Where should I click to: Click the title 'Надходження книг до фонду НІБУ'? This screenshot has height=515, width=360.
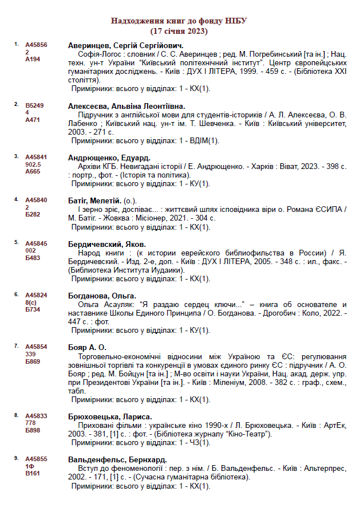point(179,21)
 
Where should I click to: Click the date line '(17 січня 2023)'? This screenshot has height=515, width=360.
point(179,30)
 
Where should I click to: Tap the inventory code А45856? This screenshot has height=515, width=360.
point(36,45)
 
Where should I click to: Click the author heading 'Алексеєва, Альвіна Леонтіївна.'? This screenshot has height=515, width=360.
point(126,106)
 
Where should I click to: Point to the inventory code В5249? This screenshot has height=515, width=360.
point(34,106)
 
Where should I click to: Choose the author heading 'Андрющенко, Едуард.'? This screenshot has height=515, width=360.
point(109,158)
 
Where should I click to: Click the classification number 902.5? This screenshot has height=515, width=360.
point(33,164)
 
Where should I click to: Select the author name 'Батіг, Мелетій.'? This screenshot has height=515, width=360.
point(94,201)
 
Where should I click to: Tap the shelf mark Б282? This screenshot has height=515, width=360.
point(33,214)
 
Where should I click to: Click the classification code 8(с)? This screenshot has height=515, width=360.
point(31,302)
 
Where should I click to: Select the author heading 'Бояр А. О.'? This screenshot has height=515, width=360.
point(87,347)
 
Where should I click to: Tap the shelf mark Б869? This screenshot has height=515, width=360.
point(33,361)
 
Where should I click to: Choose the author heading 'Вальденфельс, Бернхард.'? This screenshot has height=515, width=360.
point(117,459)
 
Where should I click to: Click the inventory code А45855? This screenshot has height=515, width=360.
point(36,459)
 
